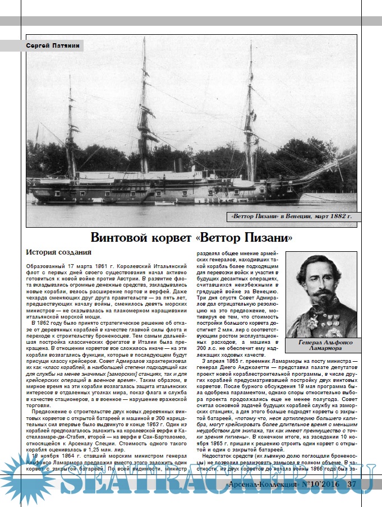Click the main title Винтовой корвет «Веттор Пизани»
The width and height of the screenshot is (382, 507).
coord(191,238)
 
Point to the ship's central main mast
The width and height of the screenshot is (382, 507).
coord(144,107)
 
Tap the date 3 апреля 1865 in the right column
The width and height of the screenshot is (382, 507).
coord(231,360)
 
